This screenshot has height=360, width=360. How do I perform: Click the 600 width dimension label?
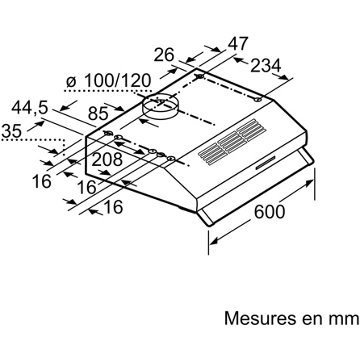coord(269,211)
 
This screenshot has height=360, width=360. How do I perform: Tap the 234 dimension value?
coord(266,66)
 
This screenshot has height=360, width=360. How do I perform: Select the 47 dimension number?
coord(238,44)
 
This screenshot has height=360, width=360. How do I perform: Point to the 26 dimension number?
coord(164,55)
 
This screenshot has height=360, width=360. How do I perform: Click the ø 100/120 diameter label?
coord(108,81)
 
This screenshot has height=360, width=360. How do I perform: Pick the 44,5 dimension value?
coord(30,108)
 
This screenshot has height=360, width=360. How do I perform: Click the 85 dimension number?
coord(98,114)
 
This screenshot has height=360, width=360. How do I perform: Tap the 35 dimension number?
coord(12,131)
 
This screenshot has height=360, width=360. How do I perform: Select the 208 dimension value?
coord(107,160)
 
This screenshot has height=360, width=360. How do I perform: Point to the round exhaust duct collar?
coord(160,107)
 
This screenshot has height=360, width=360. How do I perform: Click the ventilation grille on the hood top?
coord(232,142)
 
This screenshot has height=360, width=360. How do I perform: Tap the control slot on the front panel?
coord(265,163)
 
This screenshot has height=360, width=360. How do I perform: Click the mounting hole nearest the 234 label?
coord(258,99)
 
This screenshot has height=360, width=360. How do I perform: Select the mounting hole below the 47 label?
coord(200,77)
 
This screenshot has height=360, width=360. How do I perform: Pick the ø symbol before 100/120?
coord(71,81)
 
